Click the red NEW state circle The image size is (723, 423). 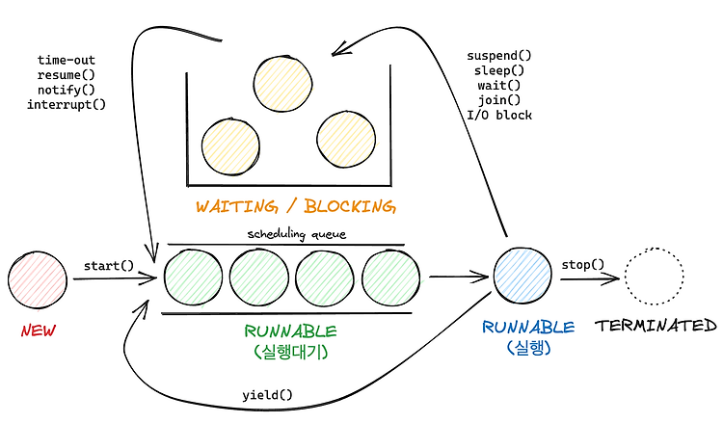click(38, 279)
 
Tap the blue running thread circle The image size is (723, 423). click(522, 275)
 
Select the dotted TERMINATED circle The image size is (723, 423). click(655, 277)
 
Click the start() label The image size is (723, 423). click(109, 266)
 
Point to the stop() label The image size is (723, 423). click(583, 264)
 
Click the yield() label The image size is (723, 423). click(267, 395)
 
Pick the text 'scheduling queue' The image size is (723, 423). click(297, 234)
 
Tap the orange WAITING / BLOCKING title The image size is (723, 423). click(296, 206)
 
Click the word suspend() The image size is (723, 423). click(499, 56)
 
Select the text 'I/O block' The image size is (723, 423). click(499, 115)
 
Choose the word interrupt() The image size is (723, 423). click(67, 105)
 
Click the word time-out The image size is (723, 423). click(67, 60)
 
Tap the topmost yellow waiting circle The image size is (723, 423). click(282, 84)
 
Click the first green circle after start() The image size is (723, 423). click(193, 278)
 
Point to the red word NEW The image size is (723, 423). click(39, 330)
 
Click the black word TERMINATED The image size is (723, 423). click(656, 326)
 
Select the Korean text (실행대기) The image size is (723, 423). click(291, 352)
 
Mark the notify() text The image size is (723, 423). click(67, 90)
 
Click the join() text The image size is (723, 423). click(499, 100)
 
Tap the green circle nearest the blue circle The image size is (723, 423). click(391, 278)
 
